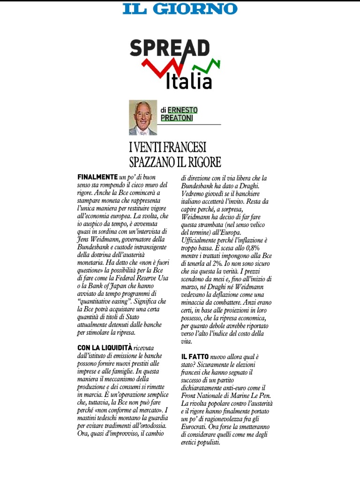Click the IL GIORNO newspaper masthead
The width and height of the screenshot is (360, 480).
[180, 8]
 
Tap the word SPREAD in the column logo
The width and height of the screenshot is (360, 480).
[170, 49]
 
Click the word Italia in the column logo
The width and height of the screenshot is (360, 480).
[189, 81]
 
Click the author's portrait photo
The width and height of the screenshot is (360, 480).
[143, 118]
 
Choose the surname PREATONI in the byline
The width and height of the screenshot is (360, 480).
[177, 118]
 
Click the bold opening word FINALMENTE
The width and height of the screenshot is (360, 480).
[97, 177]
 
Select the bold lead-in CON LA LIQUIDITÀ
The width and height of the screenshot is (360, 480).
[105, 347]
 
